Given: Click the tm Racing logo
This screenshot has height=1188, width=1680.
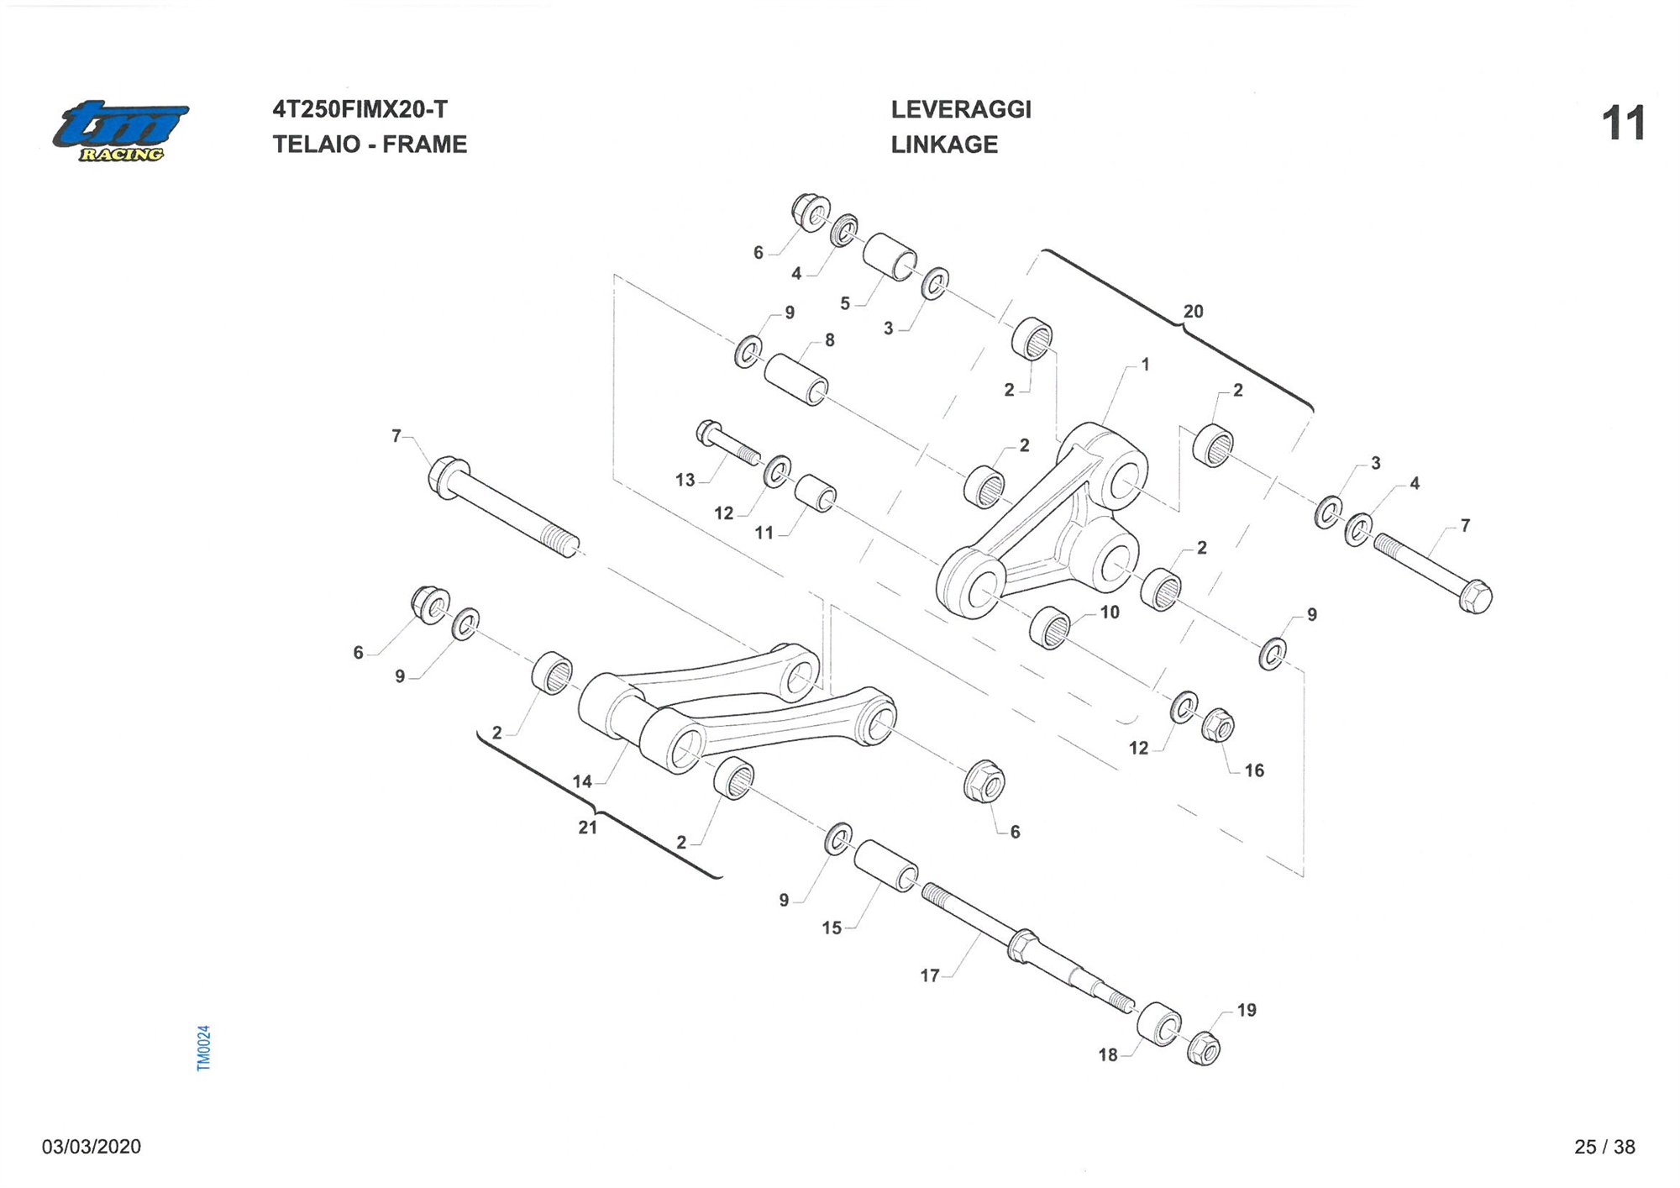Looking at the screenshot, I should (120, 131).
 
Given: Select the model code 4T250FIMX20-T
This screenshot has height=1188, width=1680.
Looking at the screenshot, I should (360, 109).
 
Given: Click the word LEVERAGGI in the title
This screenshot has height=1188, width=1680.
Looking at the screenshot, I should (960, 109).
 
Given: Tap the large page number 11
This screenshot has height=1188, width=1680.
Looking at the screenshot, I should (1622, 124).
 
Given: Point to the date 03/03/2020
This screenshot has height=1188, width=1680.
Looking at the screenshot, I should (92, 1147).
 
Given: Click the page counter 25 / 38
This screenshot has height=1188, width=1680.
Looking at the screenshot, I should (1604, 1147).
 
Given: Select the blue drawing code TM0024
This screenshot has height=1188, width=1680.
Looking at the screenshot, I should (203, 1048).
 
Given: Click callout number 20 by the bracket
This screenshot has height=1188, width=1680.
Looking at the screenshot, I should (1193, 312).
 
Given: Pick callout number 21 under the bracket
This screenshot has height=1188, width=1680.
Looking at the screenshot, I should (587, 828).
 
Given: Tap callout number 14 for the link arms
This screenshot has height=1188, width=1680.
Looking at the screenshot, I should (582, 781).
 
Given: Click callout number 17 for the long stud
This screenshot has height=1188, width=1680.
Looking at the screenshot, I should (929, 975).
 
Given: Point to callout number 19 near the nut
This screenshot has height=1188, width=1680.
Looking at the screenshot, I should (1247, 1010).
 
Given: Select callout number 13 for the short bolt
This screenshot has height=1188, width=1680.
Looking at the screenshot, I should (685, 480).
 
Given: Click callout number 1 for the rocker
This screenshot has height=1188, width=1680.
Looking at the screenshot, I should (1144, 365).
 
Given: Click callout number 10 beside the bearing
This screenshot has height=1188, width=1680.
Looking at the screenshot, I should (1110, 612).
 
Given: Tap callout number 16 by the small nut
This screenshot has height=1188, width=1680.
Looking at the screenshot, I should (1253, 770).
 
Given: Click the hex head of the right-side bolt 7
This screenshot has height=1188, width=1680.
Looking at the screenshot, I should (1475, 597).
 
